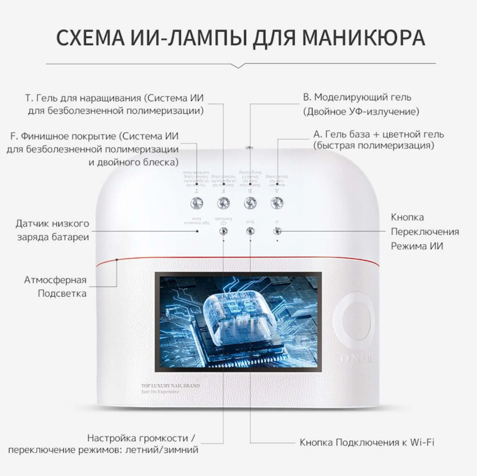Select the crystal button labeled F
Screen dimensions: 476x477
point(222,203)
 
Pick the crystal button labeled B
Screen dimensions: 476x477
point(249,203)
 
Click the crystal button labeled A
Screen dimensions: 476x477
point(276,203)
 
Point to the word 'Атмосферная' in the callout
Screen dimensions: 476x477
point(55,279)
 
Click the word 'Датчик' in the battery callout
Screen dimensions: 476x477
point(31,223)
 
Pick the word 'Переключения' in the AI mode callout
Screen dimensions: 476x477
point(425,232)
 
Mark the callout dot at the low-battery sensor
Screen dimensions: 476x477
point(198,231)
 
